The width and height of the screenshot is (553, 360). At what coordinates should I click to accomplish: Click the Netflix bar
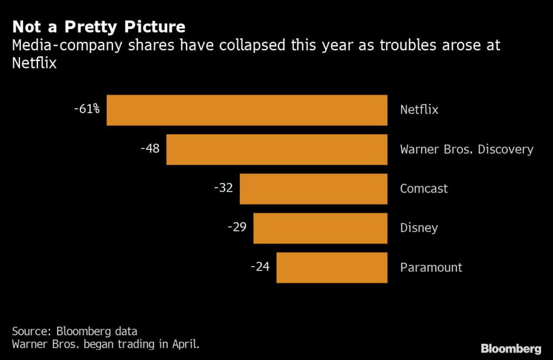(247, 110)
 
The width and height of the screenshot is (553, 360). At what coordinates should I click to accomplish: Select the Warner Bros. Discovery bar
(276, 150)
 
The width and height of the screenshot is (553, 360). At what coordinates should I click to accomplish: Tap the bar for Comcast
(313, 189)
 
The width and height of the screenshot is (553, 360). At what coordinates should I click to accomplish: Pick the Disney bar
(320, 228)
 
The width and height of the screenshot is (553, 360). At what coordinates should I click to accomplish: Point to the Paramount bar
(332, 268)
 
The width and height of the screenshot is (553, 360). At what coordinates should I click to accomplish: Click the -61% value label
(87, 109)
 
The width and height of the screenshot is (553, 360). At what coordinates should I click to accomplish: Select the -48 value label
(150, 148)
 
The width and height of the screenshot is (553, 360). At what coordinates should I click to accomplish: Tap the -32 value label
(223, 188)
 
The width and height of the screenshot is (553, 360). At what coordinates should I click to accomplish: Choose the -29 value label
(237, 227)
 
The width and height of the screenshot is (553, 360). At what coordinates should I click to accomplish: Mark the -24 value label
(260, 267)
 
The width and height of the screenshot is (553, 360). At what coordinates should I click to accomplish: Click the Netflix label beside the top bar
(419, 110)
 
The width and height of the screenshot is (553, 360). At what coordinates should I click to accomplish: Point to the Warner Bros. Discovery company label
(467, 150)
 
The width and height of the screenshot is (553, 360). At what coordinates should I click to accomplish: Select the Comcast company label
(424, 189)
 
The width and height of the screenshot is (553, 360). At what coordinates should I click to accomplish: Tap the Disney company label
(419, 228)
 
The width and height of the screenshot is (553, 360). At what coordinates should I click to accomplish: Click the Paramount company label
(431, 268)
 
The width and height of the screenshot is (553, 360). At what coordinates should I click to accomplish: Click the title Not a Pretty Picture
(99, 27)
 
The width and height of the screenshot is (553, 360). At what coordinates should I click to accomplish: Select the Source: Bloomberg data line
(75, 331)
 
